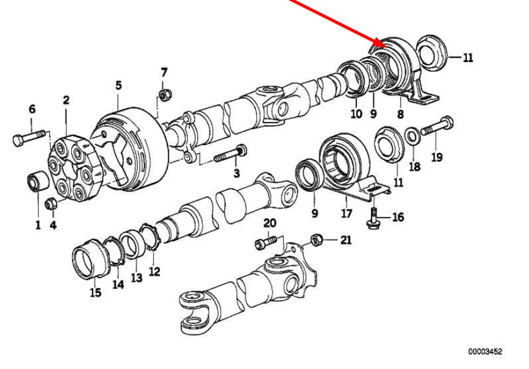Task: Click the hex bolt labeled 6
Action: pos(28,139)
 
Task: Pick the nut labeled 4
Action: pos(52,204)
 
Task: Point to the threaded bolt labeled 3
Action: pos(230,155)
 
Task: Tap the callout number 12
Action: pos(154,271)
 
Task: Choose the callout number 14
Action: pos(118,284)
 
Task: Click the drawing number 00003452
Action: pos(486,352)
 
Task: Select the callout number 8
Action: pos(400,113)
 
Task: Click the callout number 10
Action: pos(356,113)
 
